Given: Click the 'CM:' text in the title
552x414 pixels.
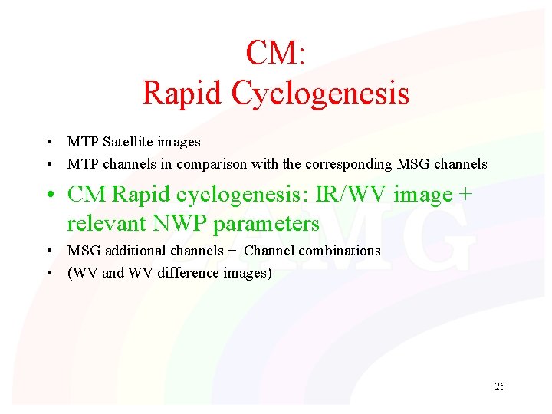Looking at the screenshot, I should pyautogui.click(x=275, y=53).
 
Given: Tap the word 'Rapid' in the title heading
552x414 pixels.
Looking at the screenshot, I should pyautogui.click(x=183, y=94).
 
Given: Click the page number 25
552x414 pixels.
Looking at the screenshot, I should pyautogui.click(x=499, y=386).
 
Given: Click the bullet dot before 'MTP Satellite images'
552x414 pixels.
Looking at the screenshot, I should pyautogui.click(x=48, y=143).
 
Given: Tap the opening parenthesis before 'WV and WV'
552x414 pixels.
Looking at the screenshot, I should pyautogui.click(x=70, y=273).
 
